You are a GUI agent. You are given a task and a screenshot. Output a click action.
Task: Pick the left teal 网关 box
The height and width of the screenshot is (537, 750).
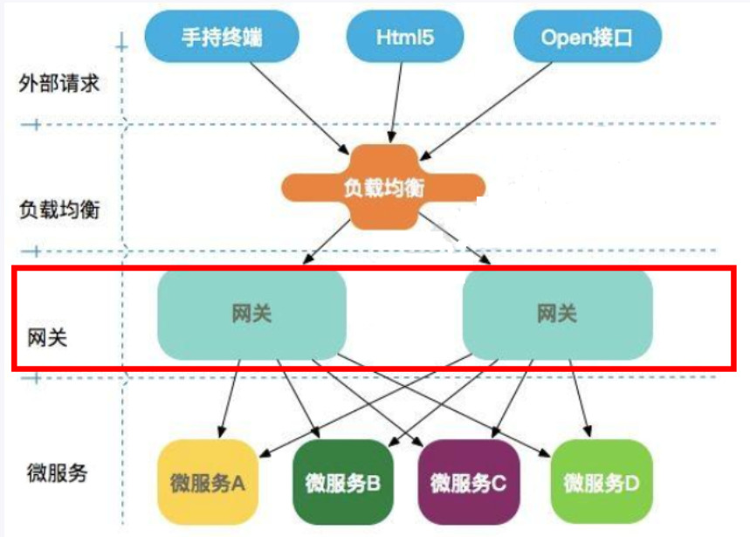click(x=251, y=313)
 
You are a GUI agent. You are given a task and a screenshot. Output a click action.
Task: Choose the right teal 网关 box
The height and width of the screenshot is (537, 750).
click(x=557, y=313)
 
